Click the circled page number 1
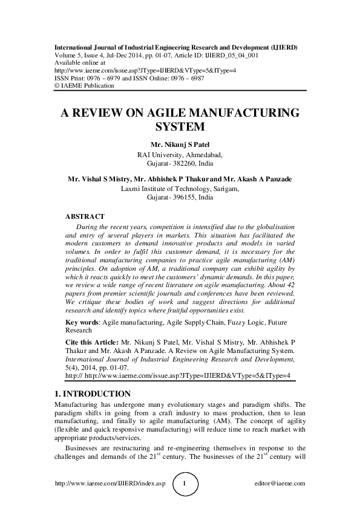(x=186, y=484)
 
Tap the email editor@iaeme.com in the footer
(x=281, y=484)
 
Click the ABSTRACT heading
(x=85, y=216)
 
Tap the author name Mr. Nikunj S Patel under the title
(x=180, y=144)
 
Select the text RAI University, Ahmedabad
(x=180, y=155)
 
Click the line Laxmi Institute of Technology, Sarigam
(x=180, y=189)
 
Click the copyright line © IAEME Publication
(x=84, y=85)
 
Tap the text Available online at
(x=80, y=62)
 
